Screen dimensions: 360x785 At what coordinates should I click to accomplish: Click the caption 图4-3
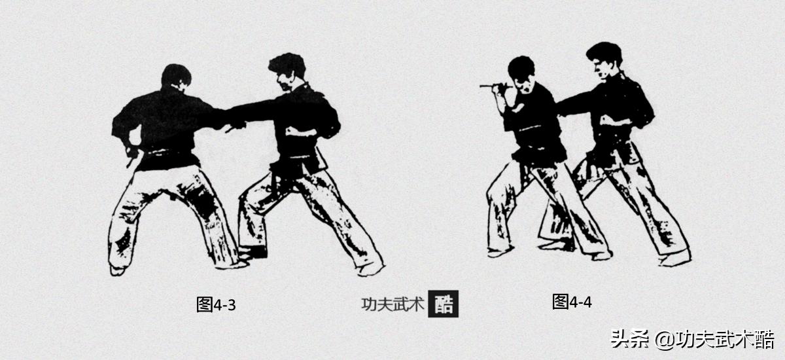pyautogui.click(x=216, y=304)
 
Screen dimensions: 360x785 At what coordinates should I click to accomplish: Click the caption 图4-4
pyautogui.click(x=572, y=302)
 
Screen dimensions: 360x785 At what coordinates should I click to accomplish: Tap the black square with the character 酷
pyautogui.click(x=444, y=304)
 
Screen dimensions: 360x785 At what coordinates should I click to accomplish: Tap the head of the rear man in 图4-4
pyautogui.click(x=603, y=59)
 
